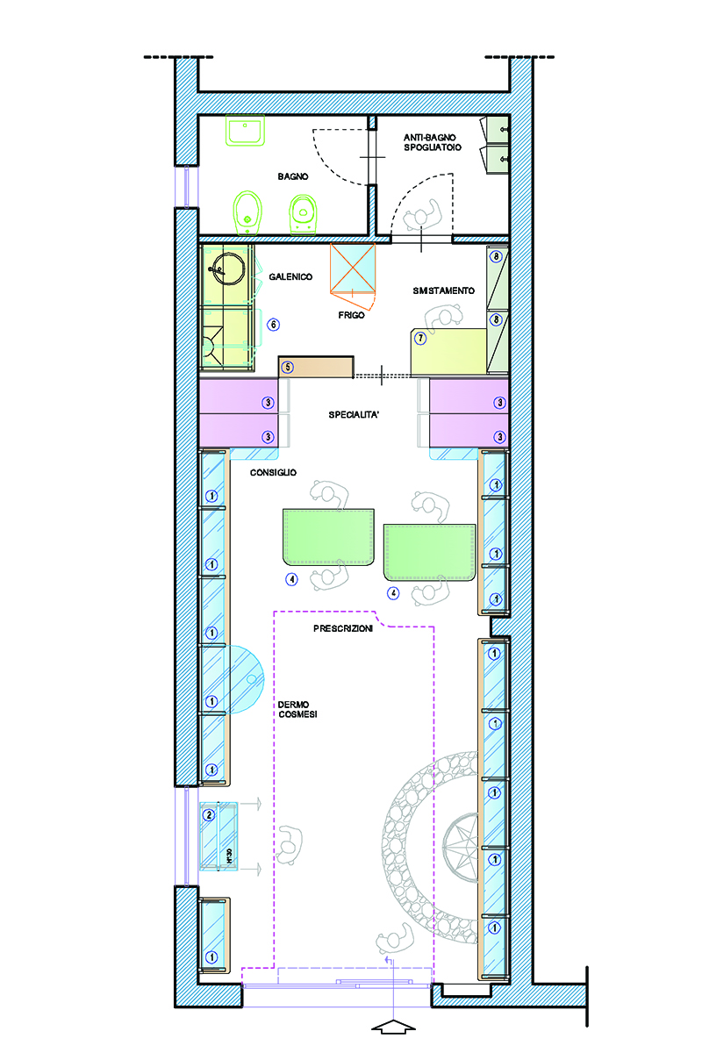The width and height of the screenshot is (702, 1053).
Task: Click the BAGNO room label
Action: click(292, 176)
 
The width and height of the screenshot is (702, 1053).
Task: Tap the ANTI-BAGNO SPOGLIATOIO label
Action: click(432, 142)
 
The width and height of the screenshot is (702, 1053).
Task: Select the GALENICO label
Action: click(290, 277)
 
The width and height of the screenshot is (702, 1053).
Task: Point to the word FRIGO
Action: click(351, 315)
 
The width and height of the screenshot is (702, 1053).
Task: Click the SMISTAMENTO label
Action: click(443, 291)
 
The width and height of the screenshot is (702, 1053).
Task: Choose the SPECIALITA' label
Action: click(354, 414)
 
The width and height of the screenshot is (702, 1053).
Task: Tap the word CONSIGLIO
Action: click(273, 472)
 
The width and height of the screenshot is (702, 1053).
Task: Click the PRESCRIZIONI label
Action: click(343, 628)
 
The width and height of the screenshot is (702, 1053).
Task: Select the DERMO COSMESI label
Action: click(297, 709)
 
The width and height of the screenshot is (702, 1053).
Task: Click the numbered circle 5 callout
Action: click(287, 367)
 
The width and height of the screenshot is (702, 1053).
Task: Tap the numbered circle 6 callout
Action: click(273, 325)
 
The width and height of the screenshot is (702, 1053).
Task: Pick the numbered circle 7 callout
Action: click(420, 338)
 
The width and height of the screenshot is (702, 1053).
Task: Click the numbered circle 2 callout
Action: click(209, 814)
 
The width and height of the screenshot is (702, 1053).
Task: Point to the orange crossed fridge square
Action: click(353, 268)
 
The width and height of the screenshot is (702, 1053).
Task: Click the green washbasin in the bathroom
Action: click(245, 130)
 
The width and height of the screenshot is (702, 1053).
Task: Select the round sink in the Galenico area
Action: click(228, 269)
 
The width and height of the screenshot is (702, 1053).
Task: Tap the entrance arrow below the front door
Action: click(393, 1027)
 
